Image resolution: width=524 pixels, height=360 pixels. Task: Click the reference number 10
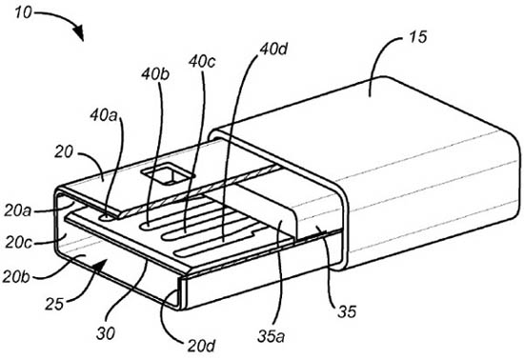click(24, 13)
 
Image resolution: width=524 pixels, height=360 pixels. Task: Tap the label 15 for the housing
click(417, 37)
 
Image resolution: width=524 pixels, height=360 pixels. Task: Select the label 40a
click(104, 115)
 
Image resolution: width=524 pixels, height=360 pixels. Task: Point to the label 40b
click(154, 74)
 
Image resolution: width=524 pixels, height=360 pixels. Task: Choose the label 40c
click(202, 62)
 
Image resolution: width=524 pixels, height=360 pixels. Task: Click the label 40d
click(273, 50)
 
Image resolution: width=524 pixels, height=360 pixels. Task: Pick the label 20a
click(18, 211)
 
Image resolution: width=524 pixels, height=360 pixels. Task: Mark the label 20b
click(16, 276)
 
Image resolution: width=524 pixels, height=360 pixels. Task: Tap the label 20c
click(18, 243)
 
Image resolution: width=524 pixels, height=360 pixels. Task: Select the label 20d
click(201, 347)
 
